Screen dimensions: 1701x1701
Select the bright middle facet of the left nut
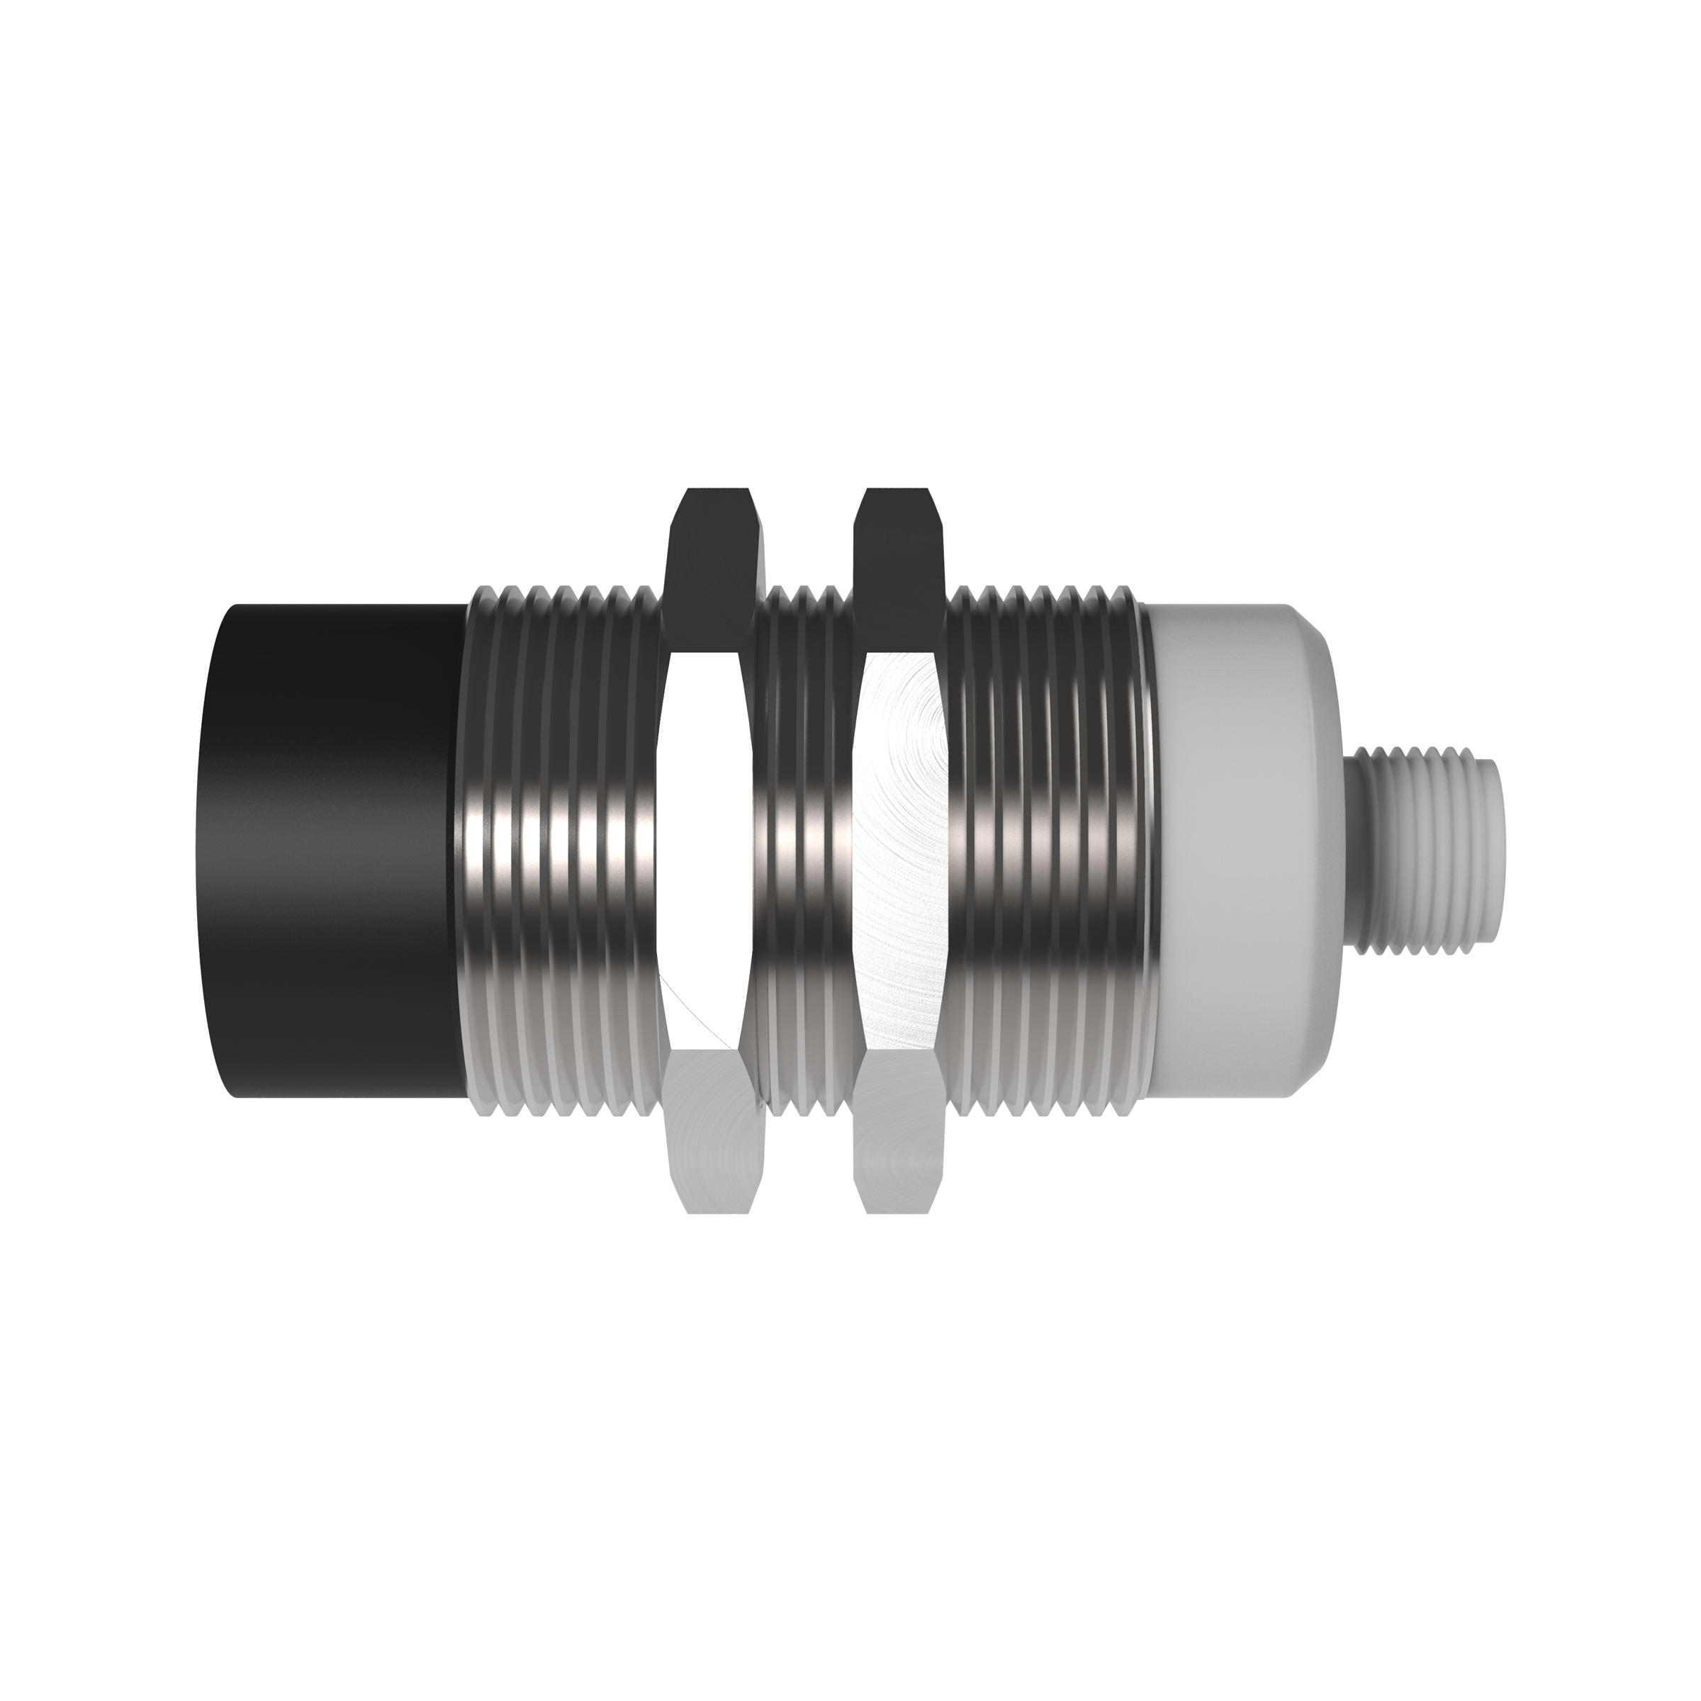704,846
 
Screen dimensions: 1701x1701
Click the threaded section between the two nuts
806,846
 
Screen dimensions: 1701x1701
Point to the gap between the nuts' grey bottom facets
810,1145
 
